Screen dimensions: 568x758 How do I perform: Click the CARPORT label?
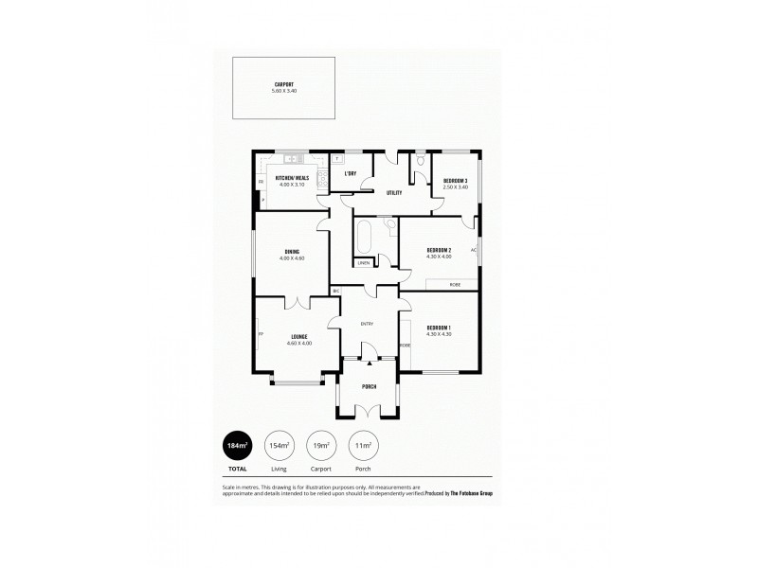284,84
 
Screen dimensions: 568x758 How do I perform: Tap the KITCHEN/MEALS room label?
292,178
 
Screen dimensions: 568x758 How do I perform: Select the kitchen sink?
293,157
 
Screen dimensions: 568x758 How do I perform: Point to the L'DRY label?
350,173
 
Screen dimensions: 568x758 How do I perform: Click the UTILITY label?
394,192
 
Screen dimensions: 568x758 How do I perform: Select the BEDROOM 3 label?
454,180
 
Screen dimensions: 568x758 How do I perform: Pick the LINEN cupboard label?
364,262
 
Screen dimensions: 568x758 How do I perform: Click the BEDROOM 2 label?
439,250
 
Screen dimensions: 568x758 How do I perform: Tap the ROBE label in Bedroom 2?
457,283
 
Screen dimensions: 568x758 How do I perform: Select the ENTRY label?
367,324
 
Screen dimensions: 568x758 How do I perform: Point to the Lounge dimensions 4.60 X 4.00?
298,343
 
